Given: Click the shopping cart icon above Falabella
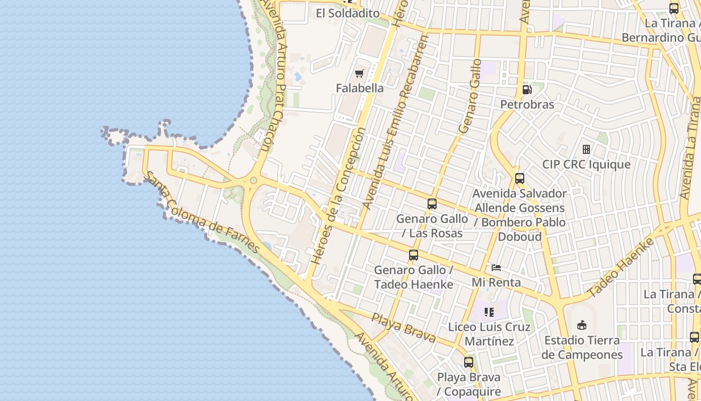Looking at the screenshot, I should tap(359, 74).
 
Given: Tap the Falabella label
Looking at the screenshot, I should tap(360, 88).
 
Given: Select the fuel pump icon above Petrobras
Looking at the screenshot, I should tap(527, 90).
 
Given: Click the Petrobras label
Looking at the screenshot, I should tap(527, 104).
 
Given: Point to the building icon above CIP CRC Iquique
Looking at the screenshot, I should tap(586, 149).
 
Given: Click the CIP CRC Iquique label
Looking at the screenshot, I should tap(586, 164).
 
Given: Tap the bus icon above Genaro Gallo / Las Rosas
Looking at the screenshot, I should tap(432, 204).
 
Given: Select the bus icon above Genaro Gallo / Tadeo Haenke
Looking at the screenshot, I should tap(414, 255).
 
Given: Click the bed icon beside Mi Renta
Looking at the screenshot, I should tap(496, 267).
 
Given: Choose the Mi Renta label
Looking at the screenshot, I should tap(496, 282).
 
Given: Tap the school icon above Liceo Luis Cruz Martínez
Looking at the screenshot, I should tap(489, 313).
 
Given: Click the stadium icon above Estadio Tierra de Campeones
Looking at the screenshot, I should tap(582, 325).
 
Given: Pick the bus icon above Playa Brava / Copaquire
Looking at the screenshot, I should tap(469, 362).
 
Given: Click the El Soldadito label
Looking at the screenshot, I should tap(347, 14).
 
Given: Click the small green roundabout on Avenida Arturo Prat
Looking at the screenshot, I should tap(253, 180).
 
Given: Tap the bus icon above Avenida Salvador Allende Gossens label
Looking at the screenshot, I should tap(520, 178).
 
